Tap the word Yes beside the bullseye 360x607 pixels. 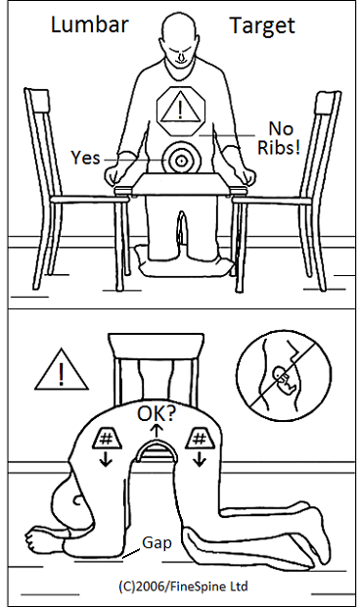85,157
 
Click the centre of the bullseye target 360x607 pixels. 181,159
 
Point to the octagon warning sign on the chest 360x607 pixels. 181,107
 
